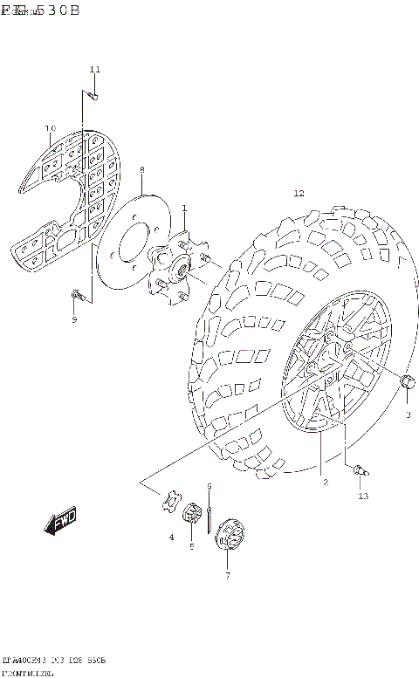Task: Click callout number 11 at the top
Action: coord(95,69)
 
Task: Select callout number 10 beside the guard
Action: coord(50,129)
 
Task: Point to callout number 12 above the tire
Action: coord(299,194)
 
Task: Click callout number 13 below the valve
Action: coord(363,497)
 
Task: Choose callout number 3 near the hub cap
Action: coord(408,414)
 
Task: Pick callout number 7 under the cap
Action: coord(227,575)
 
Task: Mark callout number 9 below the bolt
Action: coord(74,320)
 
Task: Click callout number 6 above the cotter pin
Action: coord(209,486)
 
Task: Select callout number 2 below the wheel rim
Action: coord(324,482)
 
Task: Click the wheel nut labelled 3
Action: coord(406,381)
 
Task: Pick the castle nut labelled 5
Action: coord(191,515)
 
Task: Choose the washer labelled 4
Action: coord(170,502)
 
